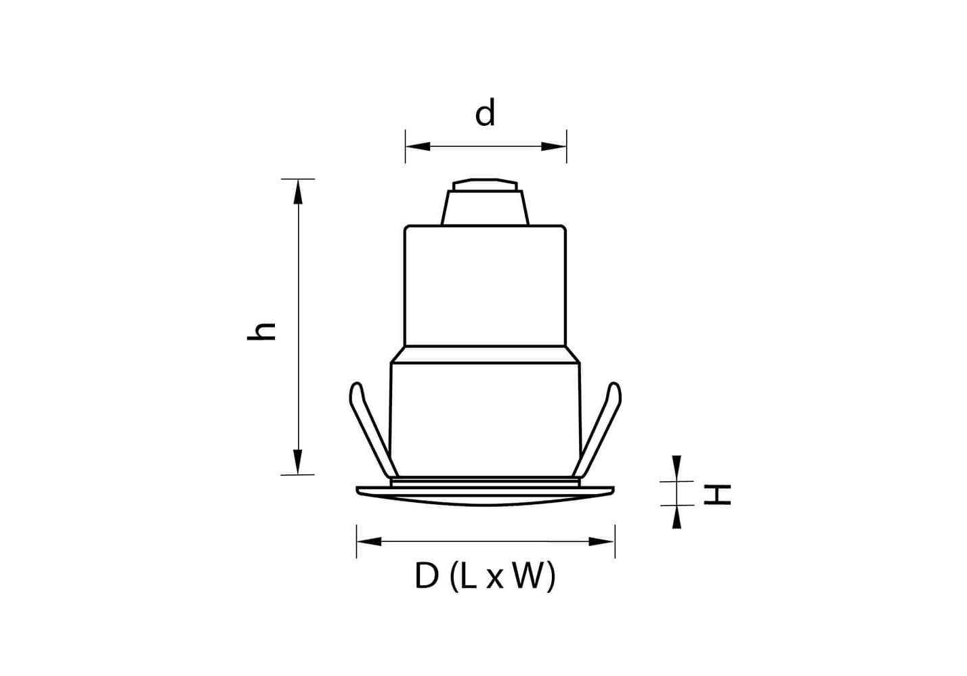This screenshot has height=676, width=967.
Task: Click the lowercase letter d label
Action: point(485,112)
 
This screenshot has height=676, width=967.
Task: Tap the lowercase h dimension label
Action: point(261,332)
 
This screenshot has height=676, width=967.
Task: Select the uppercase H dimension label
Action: point(717,495)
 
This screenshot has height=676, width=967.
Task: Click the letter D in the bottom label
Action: point(427,576)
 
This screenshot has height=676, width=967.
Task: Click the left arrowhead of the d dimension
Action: point(418,147)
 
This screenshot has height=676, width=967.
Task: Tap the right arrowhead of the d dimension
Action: point(554,147)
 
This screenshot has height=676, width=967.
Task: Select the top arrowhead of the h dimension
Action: point(298,191)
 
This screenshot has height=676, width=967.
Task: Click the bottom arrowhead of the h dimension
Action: point(298,462)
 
